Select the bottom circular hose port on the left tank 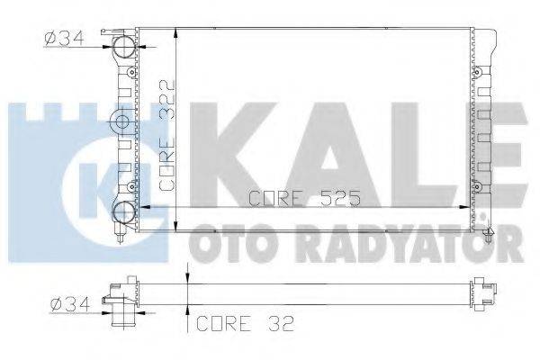123,212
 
